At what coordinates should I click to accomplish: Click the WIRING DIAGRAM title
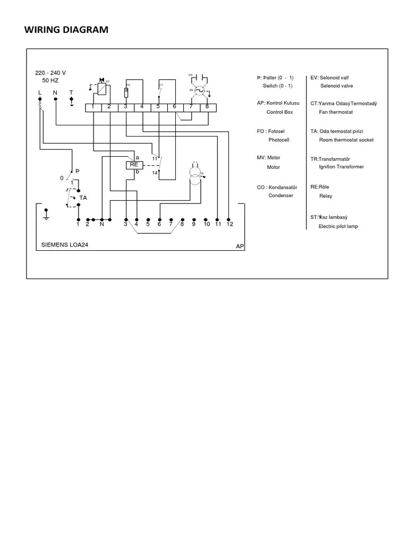pos(66,30)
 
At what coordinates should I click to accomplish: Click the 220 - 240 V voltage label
pos(50,73)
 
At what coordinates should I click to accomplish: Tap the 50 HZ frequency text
pos(50,80)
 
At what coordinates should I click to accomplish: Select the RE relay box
pos(133,165)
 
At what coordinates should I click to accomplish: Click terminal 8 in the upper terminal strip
pos(207,107)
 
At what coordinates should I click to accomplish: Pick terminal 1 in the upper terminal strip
pos(93,107)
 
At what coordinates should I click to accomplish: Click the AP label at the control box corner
pos(240,247)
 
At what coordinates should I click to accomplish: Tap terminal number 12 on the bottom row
pos(229,224)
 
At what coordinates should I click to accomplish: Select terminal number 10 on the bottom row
pos(207,224)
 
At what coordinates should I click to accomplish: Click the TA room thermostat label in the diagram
pos(83,198)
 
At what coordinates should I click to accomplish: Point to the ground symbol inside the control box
pos(46,214)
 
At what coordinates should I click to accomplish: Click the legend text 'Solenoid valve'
pos(336,86)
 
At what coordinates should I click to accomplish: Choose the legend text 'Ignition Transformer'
pos(341,167)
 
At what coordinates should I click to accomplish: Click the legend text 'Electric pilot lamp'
pos(338,226)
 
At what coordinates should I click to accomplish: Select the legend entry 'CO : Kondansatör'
pos(277,188)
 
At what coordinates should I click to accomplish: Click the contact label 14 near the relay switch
pos(155,173)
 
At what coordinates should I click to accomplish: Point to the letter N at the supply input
pos(55,92)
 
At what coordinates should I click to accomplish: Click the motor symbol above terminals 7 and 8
pos(199,90)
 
